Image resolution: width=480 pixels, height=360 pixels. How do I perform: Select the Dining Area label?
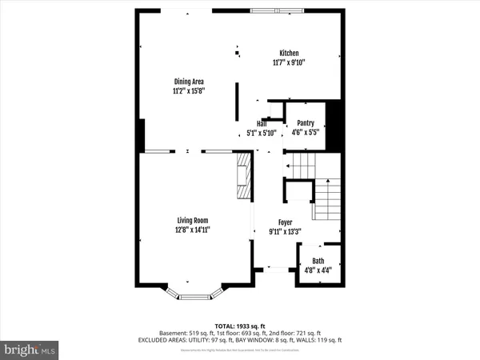189,81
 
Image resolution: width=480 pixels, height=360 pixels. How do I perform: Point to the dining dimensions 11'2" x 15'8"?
189,91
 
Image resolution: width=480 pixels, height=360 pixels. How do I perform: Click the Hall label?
262,123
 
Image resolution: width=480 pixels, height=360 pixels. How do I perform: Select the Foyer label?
285,222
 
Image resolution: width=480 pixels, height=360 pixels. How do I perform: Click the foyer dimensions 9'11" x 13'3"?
285,232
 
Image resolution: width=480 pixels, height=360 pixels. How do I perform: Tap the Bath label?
318,261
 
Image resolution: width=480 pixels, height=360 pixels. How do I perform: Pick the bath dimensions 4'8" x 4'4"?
318,270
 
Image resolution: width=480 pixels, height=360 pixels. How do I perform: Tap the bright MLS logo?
30,350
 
